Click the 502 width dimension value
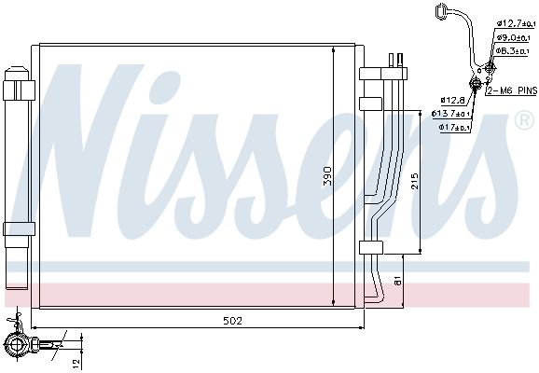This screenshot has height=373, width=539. coord(233,321)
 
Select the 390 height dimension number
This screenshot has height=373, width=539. coord(327,176)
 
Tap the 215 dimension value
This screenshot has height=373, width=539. coord(415,181)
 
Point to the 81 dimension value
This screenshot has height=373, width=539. coord(397,281)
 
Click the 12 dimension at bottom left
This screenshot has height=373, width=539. coord(76,362)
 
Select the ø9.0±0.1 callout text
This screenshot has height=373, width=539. coord(513,37)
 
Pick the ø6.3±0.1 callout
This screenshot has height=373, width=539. coord(512,51)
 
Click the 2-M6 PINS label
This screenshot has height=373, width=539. coord(512,90)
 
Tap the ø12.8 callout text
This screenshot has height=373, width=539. coord(452,100)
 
